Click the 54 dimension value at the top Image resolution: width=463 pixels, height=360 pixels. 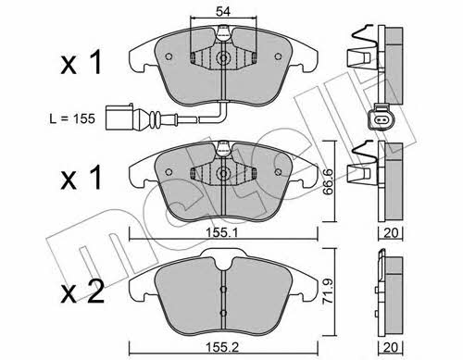coord(223,11)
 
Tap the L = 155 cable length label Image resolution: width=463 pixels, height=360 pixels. coord(72,118)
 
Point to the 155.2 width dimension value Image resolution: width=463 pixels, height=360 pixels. coord(221,348)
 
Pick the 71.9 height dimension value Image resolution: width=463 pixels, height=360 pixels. coord(328,291)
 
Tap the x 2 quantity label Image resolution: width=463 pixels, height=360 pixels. coord(82,292)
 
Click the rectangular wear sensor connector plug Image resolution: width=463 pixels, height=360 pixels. coord(119,118)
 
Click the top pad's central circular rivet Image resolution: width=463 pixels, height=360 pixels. coord(223,58)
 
